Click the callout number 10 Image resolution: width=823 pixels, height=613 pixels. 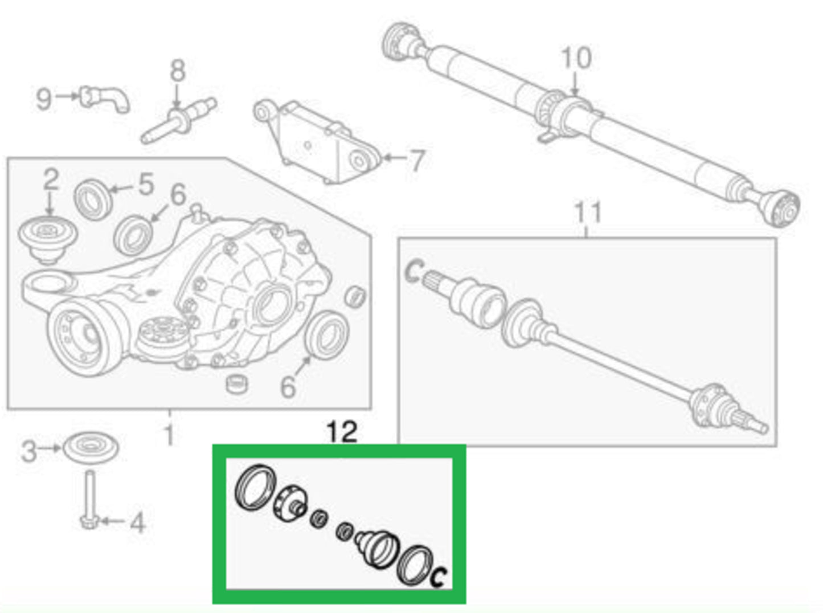point(576,58)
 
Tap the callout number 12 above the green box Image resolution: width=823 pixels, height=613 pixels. point(342,432)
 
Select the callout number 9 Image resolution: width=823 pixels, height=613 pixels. point(44,99)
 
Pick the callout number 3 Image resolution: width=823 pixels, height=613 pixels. point(29,451)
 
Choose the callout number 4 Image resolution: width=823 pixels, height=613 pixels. point(137,523)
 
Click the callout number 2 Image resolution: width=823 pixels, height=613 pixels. point(51,179)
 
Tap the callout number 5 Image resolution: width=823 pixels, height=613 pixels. point(146,184)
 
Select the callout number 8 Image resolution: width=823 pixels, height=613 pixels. point(177,71)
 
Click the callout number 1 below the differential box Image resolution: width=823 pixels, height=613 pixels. point(169,435)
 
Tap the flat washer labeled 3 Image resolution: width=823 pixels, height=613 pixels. point(91,448)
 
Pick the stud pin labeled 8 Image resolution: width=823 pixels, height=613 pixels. point(178,121)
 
